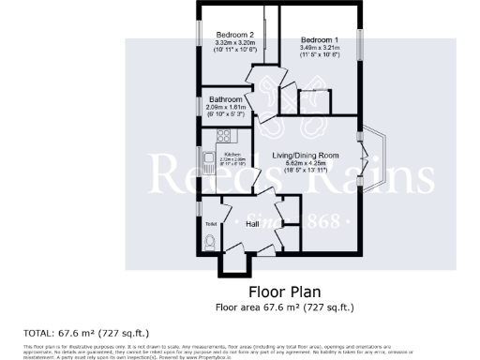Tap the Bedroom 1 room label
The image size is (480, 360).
tap(319, 39)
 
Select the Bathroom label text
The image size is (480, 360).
tap(226, 99)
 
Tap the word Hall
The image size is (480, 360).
tap(253, 225)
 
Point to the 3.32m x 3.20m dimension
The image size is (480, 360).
tap(234, 43)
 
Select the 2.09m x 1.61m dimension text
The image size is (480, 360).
tap(226, 108)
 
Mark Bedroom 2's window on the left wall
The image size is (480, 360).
tap(198, 30)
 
